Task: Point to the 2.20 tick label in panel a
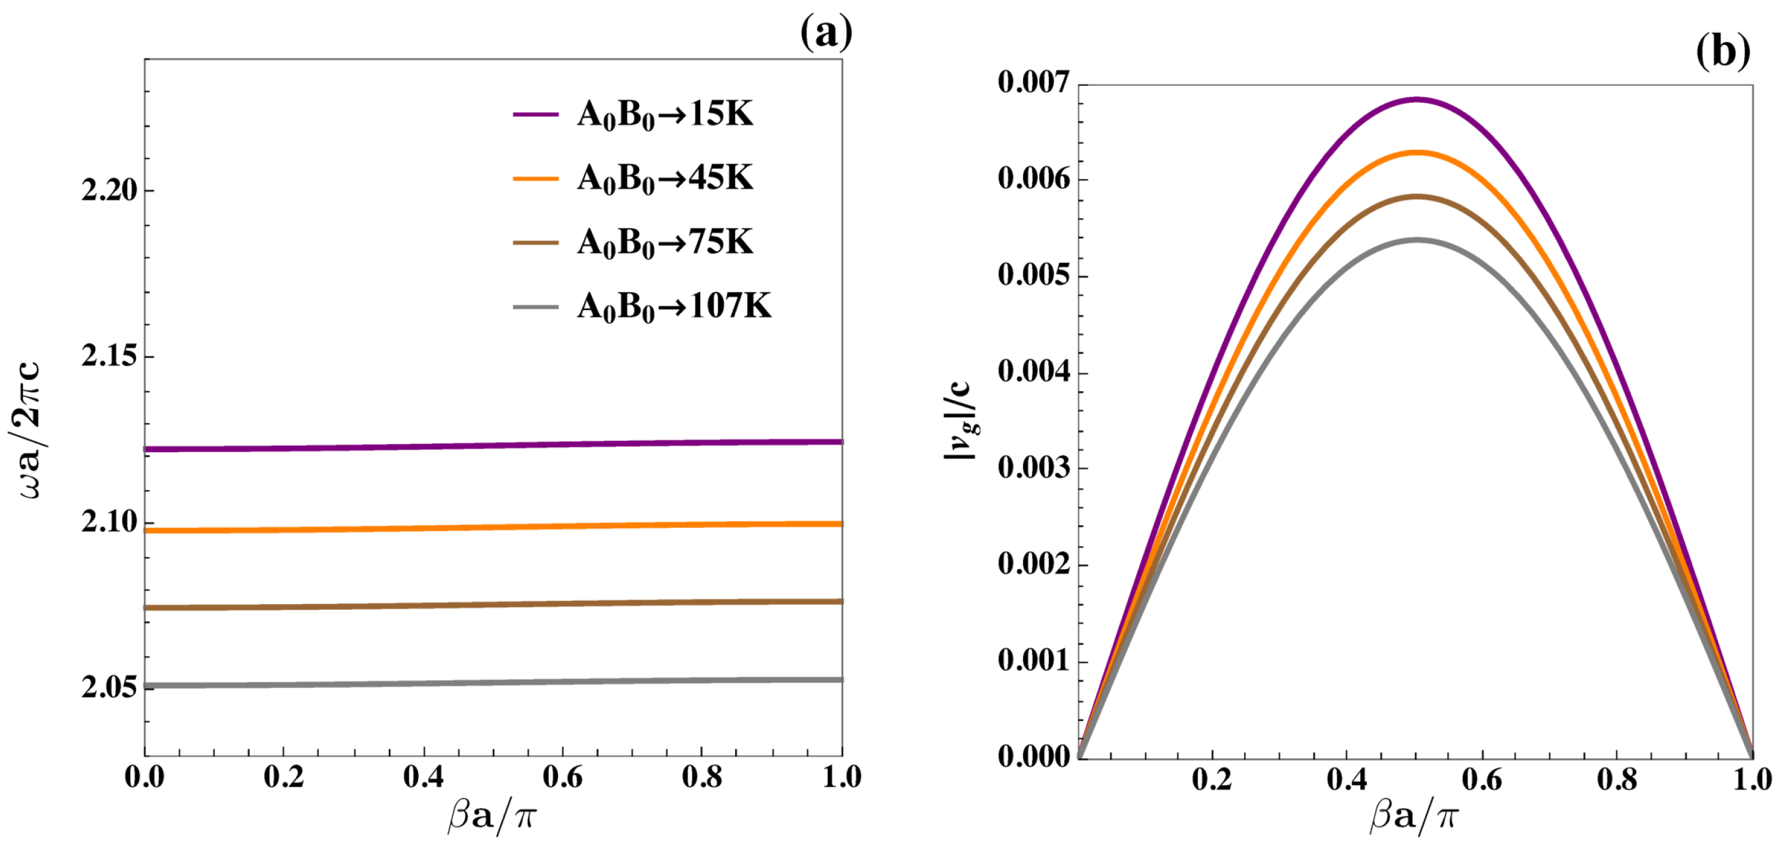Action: click(109, 190)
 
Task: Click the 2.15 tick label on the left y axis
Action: click(109, 356)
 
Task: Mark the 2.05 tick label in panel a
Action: click(109, 687)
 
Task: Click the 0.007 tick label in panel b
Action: click(1034, 83)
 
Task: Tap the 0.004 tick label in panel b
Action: click(1034, 372)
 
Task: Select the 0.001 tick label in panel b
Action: click(1034, 660)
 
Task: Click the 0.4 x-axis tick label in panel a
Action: click(423, 777)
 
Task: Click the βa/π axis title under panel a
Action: click(491, 816)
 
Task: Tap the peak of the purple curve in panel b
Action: click(1416, 99)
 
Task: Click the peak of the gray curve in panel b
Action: click(1416, 240)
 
